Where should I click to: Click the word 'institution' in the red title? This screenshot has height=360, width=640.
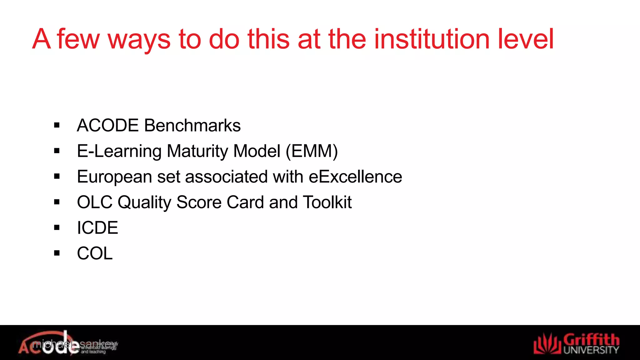(x=432, y=39)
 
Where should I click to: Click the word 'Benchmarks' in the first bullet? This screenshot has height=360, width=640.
(x=192, y=126)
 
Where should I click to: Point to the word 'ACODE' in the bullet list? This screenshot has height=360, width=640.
(x=108, y=126)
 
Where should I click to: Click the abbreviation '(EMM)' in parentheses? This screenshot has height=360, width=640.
(x=312, y=151)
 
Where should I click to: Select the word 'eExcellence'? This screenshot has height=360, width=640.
(x=355, y=177)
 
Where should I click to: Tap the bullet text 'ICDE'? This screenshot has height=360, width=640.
(x=97, y=228)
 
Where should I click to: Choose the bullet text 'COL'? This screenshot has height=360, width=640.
(x=95, y=253)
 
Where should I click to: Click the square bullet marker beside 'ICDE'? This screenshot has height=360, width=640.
(x=57, y=227)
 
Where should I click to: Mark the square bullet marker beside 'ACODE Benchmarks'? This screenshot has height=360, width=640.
(x=57, y=126)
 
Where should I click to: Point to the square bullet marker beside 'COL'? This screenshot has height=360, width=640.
(x=57, y=253)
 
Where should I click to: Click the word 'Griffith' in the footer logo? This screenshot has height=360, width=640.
(x=591, y=339)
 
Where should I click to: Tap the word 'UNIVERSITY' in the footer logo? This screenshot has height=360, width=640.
(x=591, y=350)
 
